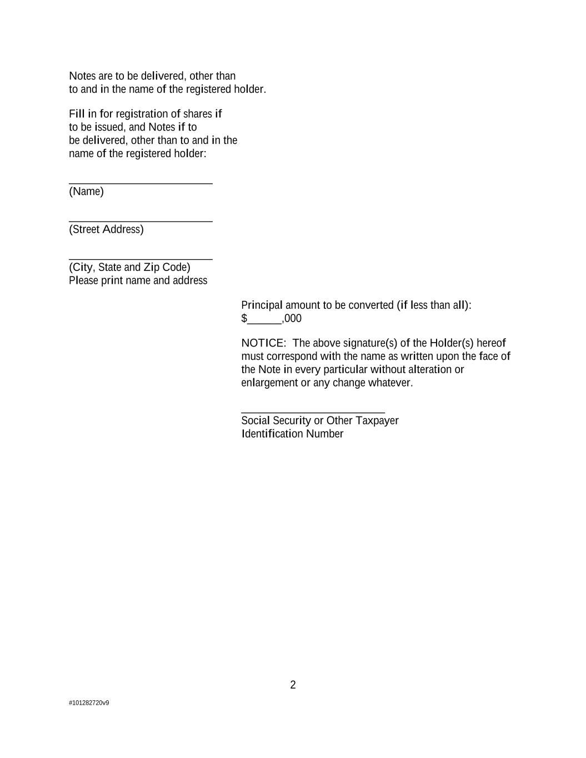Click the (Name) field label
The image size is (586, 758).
point(86,192)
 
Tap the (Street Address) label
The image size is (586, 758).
point(106,229)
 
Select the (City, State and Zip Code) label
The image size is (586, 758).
point(129,267)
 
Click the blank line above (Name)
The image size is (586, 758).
point(141,183)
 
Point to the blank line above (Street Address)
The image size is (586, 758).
point(141,221)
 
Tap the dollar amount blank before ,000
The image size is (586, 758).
point(265,320)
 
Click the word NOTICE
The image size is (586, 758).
point(262,343)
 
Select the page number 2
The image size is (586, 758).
point(293,685)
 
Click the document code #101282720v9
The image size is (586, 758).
point(89,703)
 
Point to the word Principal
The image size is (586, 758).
point(262,305)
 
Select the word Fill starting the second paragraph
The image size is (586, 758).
point(77,114)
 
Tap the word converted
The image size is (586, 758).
point(370,305)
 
